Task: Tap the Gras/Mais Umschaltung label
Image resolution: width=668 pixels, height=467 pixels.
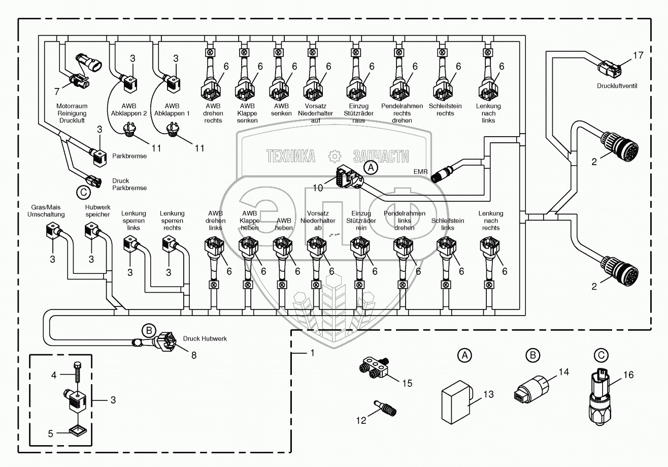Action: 46,211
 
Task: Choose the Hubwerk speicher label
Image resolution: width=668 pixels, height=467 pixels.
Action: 98,211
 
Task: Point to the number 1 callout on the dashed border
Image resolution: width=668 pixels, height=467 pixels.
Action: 313,353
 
